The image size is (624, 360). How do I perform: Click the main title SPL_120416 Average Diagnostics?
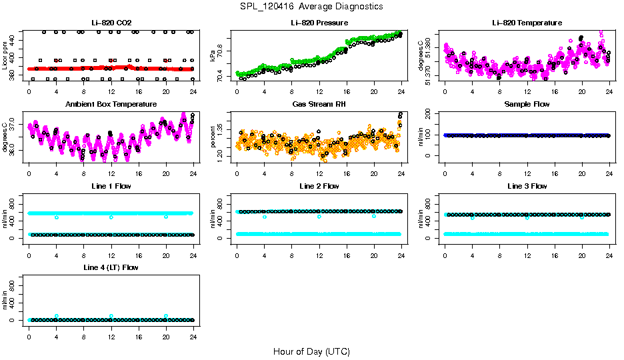click(312, 6)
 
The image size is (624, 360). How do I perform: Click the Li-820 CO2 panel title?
click(111, 23)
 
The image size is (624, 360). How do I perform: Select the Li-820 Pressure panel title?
click(319, 23)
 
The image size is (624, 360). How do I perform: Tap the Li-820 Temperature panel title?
click(527, 23)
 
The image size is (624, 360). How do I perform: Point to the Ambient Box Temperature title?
click(111, 104)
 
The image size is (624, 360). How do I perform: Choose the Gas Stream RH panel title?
click(319, 104)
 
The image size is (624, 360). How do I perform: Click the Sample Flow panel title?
click(527, 104)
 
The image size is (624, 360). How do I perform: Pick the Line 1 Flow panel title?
click(111, 186)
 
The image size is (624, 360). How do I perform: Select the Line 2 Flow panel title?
click(319, 186)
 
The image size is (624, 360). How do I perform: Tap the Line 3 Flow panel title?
click(527, 186)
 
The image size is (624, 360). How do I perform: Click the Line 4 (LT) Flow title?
click(111, 267)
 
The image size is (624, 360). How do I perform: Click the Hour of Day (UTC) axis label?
click(311, 351)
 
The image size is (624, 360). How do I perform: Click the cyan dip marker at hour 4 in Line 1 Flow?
click(57, 217)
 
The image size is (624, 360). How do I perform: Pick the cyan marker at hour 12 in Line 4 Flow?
click(111, 316)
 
